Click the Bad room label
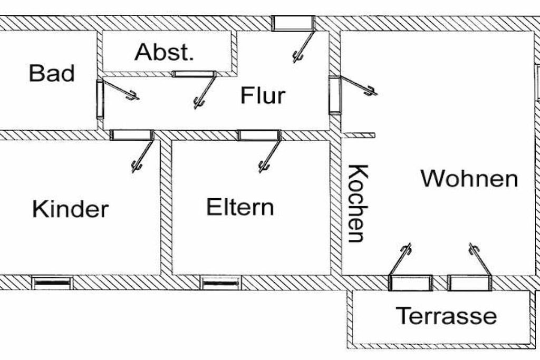[x=52, y=73]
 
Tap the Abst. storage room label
[x=164, y=52]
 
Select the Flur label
[x=263, y=95]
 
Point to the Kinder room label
[x=71, y=209]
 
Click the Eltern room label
[x=240, y=207]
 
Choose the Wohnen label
[x=469, y=179]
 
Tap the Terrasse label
[x=446, y=315]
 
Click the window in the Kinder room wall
[x=52, y=283]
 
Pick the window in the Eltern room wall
[x=221, y=283]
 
